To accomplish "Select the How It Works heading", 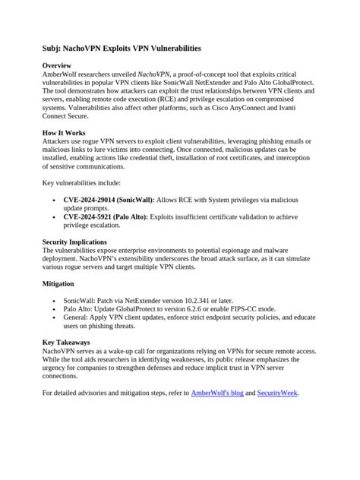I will click(65, 132).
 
